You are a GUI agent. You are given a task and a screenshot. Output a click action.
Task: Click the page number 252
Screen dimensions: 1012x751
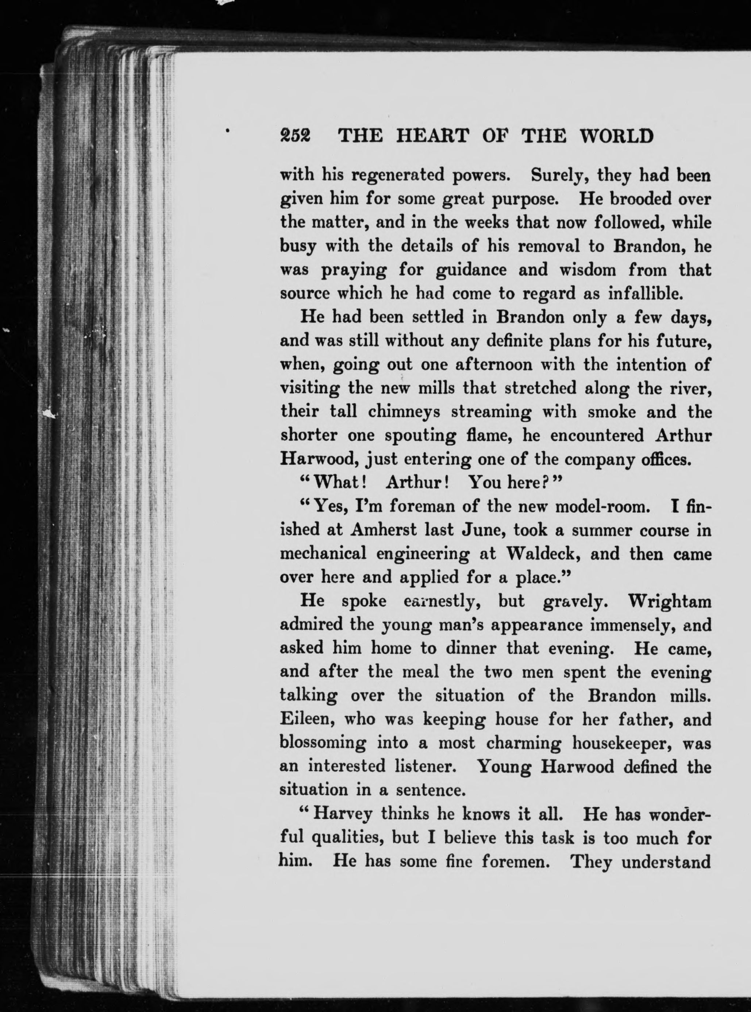coord(295,135)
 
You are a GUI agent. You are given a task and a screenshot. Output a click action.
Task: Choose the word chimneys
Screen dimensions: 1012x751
coord(404,412)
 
